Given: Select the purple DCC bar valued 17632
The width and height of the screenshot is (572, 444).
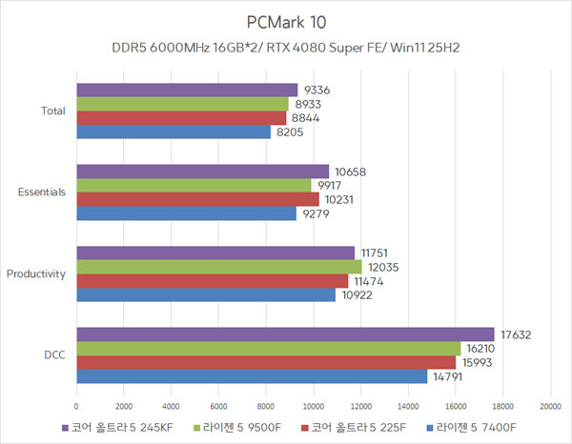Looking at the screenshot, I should [x=285, y=334].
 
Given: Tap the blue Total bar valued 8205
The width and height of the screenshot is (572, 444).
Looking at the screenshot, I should [x=173, y=131].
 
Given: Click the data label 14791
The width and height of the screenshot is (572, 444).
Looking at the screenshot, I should [x=446, y=375].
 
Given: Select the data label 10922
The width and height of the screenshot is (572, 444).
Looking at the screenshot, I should [x=355, y=294].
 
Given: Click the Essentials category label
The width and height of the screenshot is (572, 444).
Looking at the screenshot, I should [x=42, y=192].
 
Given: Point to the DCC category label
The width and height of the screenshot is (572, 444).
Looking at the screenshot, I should [x=54, y=354].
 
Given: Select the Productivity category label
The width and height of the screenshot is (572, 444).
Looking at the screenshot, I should [x=36, y=273].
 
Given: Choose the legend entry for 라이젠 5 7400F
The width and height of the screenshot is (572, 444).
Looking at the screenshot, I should [x=476, y=427].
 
